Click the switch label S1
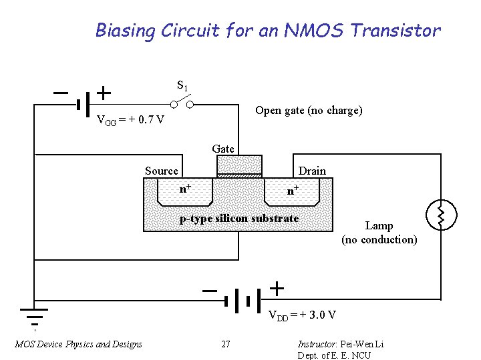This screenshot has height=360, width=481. point(182,86)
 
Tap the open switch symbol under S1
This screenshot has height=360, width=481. point(182,103)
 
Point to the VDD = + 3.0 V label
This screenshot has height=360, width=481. point(302,315)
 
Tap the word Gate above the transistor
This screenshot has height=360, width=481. point(223,149)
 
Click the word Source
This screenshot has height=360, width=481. point(162,171)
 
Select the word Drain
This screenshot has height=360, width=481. point(312,171)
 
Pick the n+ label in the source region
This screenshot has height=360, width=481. point(186,189)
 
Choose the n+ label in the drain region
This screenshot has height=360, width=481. point(293,190)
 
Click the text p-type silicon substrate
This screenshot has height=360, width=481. point(239,219)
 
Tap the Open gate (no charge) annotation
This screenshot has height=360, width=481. point(309,111)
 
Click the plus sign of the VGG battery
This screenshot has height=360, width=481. point(104,91)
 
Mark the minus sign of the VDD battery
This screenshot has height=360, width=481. point(210,291)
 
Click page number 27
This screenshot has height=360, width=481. point(226,344)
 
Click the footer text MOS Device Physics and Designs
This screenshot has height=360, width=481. point(78,344)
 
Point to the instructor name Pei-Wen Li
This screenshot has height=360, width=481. point(361,344)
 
